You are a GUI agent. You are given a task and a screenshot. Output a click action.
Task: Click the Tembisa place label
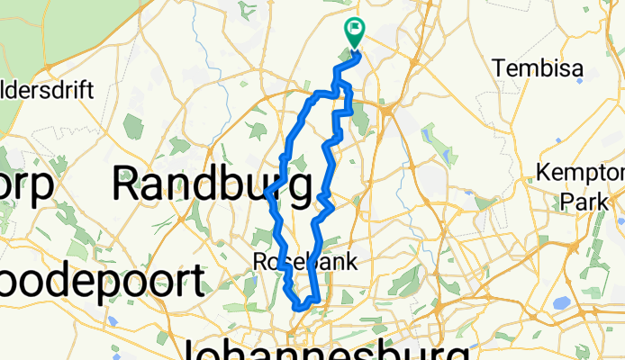pyautogui.click(x=538, y=68)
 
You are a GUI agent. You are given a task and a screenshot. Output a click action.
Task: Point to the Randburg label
pyautogui.click(x=213, y=184)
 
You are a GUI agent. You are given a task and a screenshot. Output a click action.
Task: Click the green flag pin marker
pyautogui.click(x=353, y=33)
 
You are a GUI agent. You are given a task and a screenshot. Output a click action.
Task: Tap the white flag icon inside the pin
pyautogui.click(x=353, y=30)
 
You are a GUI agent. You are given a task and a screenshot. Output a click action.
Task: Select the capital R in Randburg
pyautogui.click(x=126, y=184)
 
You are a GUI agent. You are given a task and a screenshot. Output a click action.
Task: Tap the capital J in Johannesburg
pyautogui.click(x=195, y=348)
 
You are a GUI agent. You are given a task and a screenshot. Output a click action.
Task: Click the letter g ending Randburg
pyautogui.click(x=300, y=189)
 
